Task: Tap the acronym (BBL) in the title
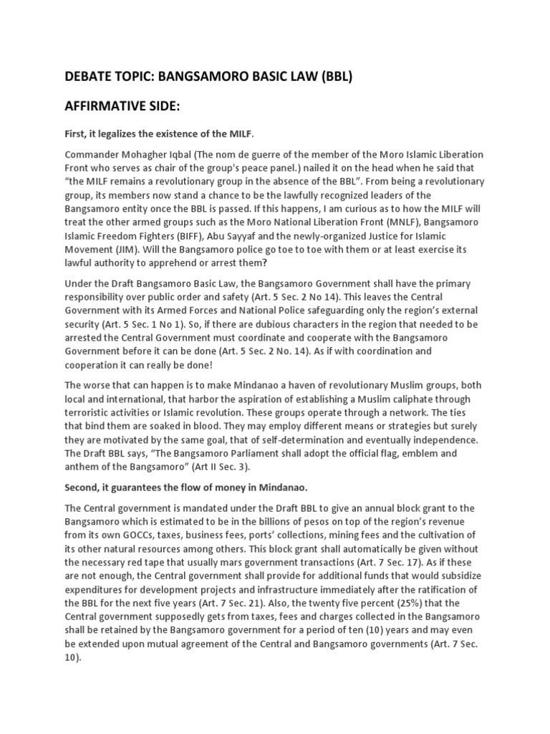pos(334,77)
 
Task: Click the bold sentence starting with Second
pos(186,487)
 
